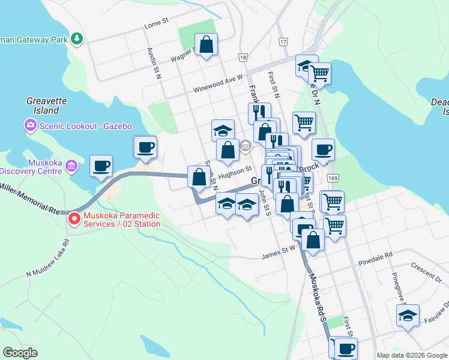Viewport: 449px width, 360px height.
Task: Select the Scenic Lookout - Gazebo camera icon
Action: click(30, 125)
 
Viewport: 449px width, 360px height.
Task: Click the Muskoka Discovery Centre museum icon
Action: click(71, 165)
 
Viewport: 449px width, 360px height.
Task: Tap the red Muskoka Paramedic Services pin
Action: click(74, 218)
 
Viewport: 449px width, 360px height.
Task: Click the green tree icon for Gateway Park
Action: click(76, 40)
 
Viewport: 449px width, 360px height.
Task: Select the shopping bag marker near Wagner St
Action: click(206, 44)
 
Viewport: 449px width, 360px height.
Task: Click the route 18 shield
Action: click(242, 58)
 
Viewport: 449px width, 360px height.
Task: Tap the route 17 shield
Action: click(283, 41)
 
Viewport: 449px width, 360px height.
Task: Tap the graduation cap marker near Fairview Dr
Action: click(408, 316)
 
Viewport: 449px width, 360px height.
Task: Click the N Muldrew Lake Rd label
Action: click(48, 257)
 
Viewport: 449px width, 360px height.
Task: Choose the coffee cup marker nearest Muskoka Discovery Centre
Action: click(101, 166)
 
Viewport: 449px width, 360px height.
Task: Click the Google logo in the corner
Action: click(20, 353)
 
